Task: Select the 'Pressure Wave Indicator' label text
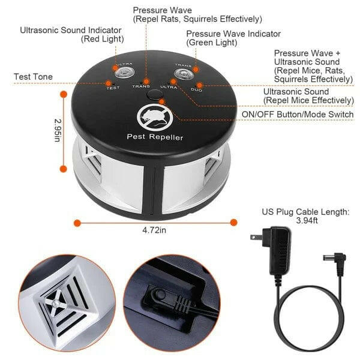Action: point(233,38)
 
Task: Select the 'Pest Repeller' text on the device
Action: point(155,137)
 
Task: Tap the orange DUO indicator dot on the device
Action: point(200,85)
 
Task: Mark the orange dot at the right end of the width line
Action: point(233,222)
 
